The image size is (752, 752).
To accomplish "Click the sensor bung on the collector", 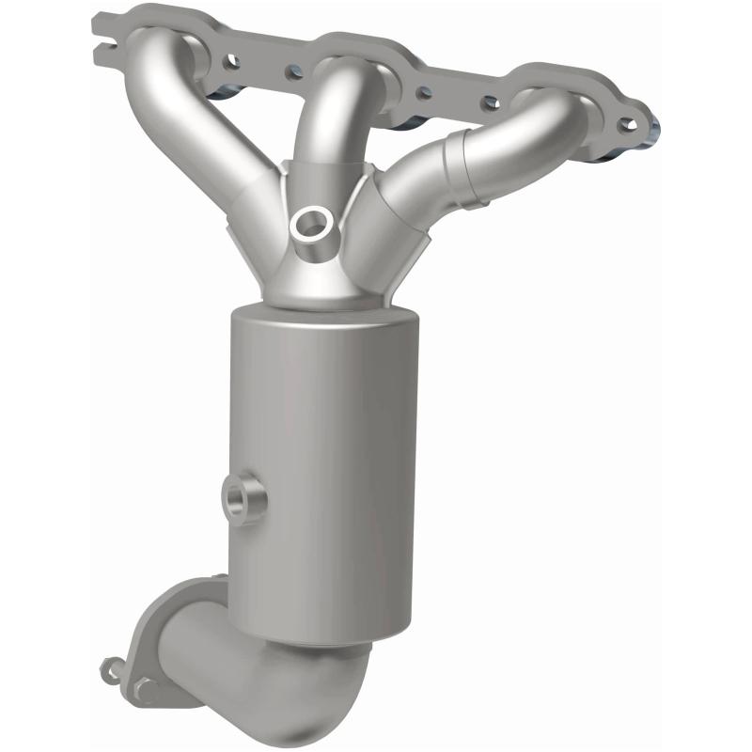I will (x=311, y=224).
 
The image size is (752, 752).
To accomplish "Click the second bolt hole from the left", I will (x=295, y=70).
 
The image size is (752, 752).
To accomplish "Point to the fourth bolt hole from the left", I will (x=490, y=103).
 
